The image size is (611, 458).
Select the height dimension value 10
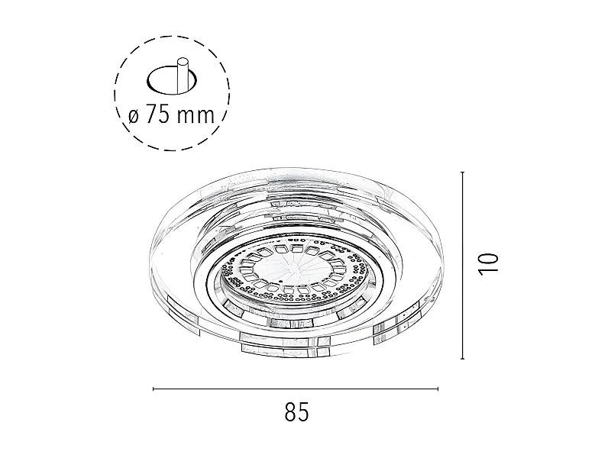coord(488,263)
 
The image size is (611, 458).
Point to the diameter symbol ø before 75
coord(133,117)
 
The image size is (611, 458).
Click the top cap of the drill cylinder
coord(182,60)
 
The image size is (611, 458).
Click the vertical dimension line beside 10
coord(463,266)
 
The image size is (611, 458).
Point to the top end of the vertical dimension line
coord(463,173)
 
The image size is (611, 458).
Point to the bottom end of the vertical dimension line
coord(463,358)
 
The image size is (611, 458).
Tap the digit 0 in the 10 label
coord(488,256)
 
